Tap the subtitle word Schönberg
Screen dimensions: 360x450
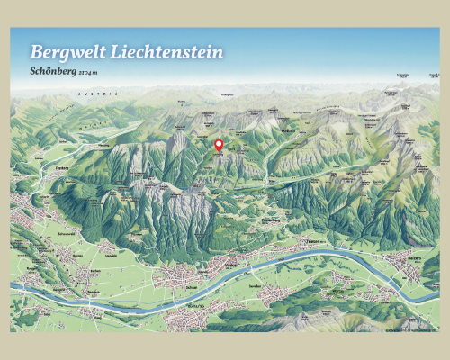[x=52, y=71]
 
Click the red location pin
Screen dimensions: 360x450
[x=217, y=144]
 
